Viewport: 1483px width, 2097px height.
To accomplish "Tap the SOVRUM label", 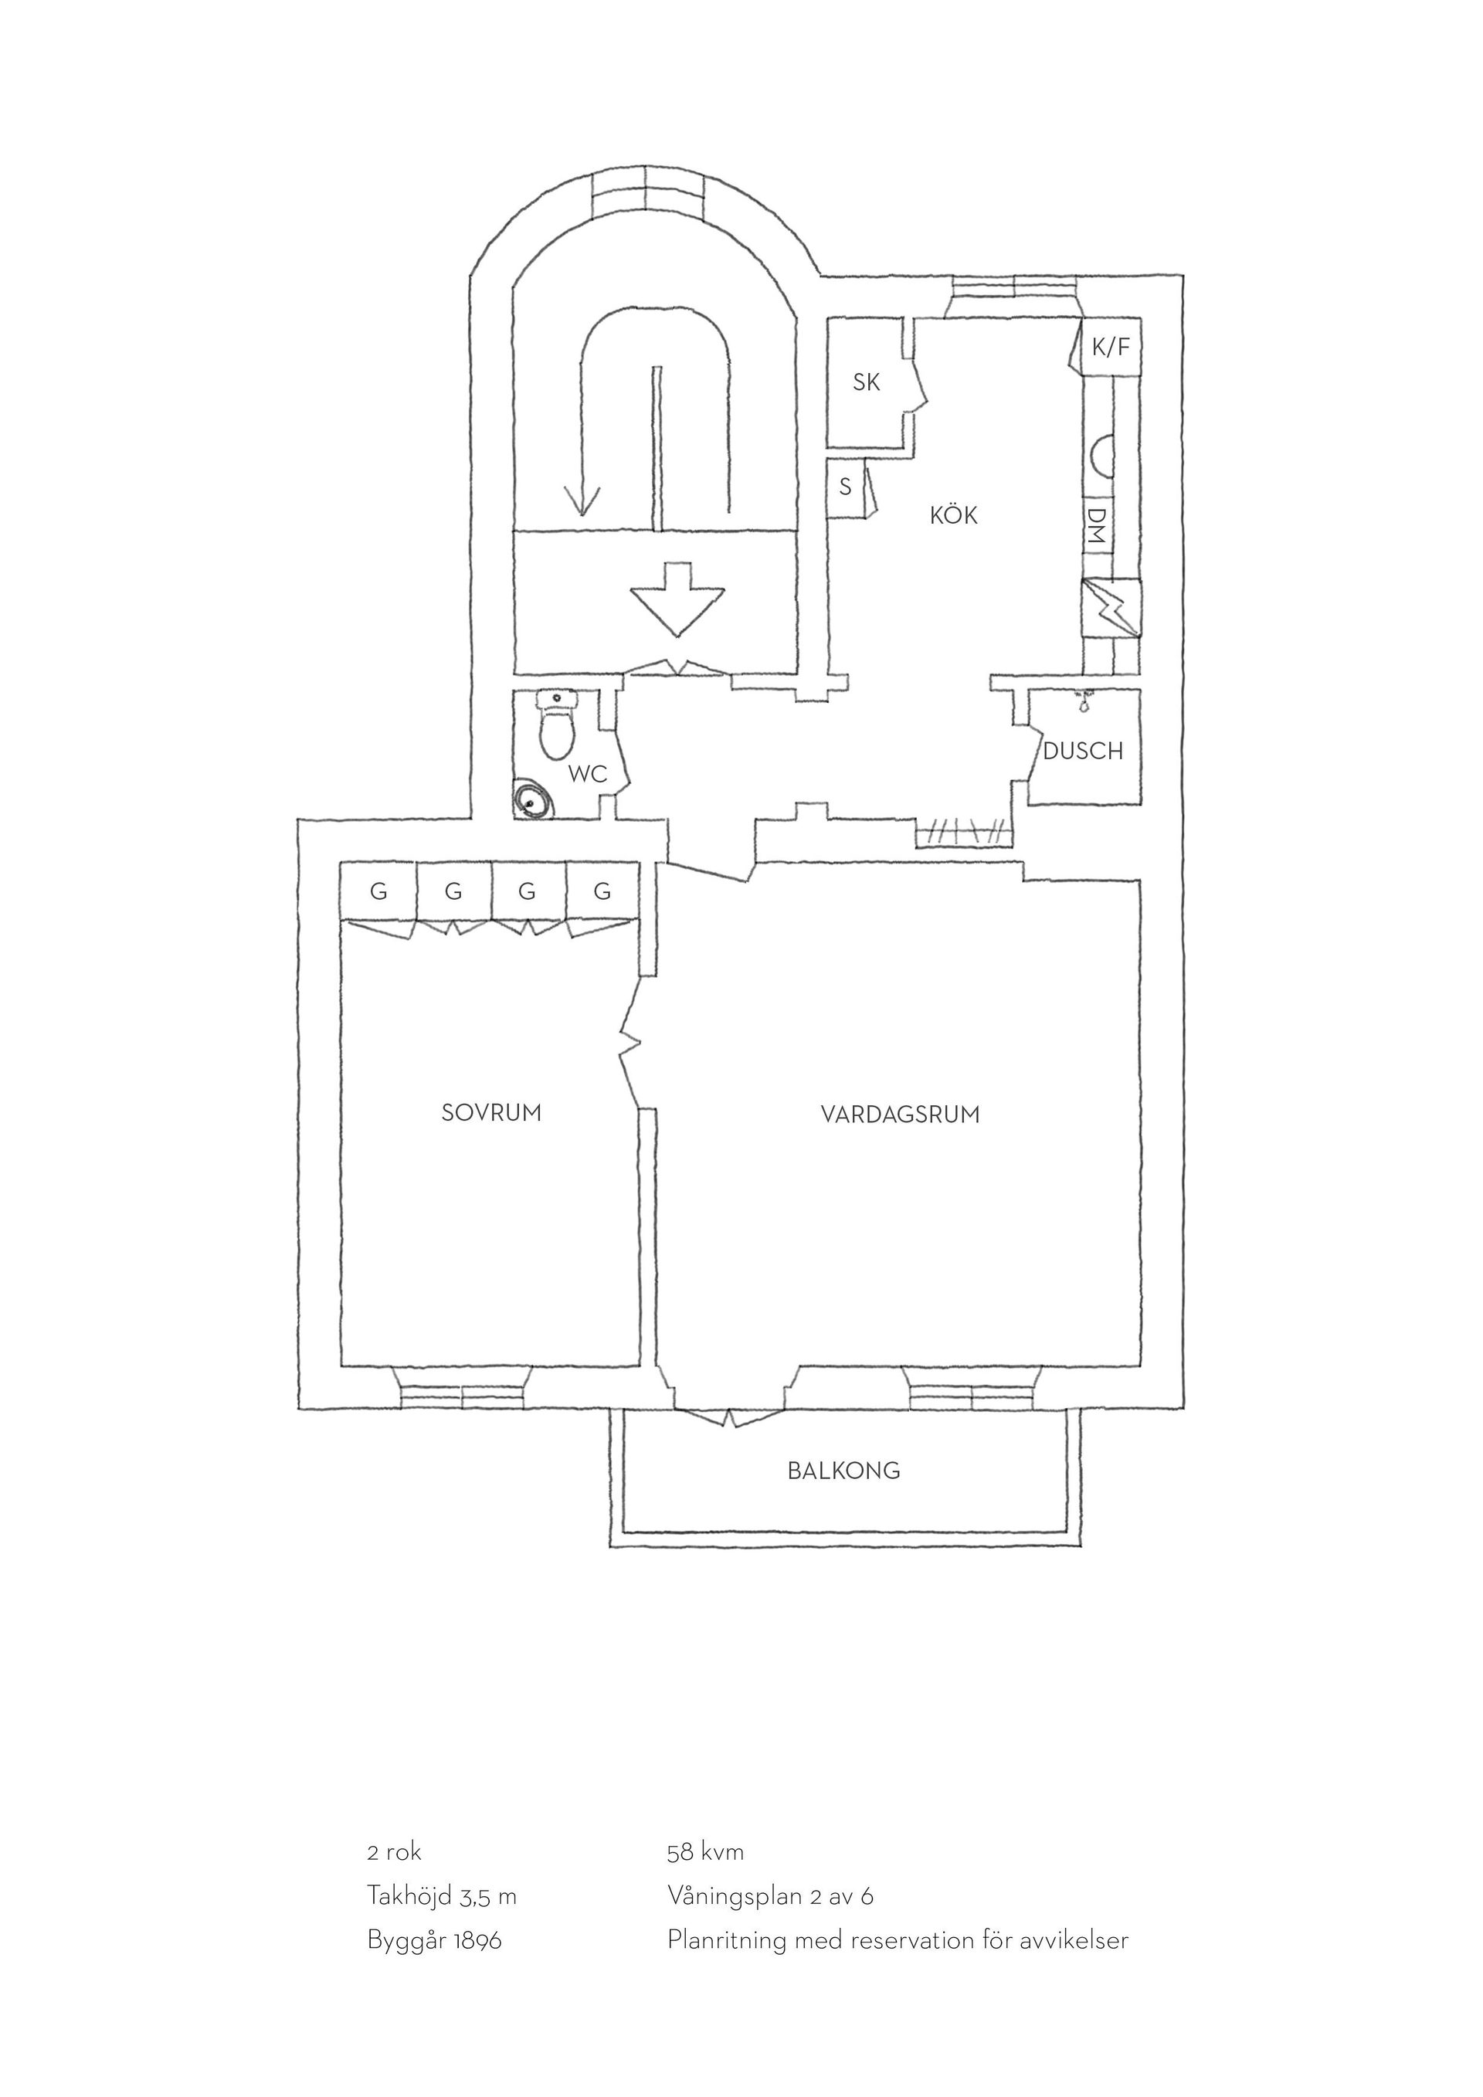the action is coord(491,1112).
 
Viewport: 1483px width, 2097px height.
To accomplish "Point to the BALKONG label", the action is coord(843,1471).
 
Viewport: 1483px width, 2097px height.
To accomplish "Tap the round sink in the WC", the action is coord(532,799).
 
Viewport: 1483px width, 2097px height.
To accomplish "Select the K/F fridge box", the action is coord(1111,346).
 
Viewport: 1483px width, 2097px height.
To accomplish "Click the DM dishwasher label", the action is coord(1097,526).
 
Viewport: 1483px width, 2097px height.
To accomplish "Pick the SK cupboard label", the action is coord(866,382).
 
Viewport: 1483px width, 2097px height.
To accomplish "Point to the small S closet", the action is coord(846,487).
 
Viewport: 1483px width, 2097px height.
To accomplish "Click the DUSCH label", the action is coord(1083,751).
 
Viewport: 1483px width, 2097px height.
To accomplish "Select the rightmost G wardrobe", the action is coord(602,891).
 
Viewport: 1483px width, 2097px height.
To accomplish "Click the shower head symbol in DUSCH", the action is coord(1084,701).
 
